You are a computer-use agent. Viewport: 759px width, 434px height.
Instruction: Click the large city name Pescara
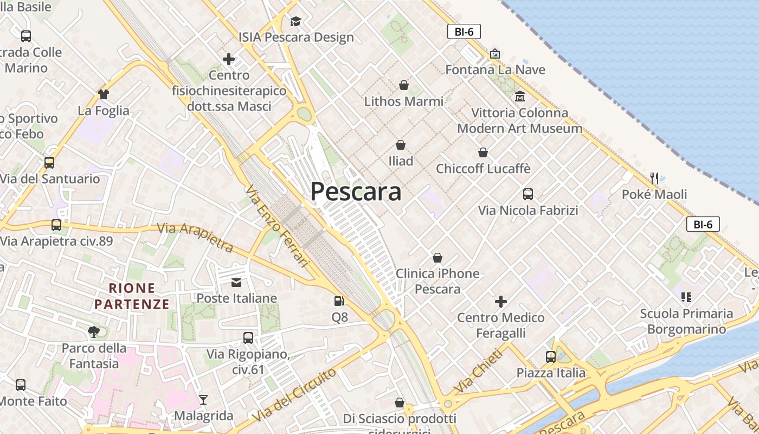pyautogui.click(x=356, y=192)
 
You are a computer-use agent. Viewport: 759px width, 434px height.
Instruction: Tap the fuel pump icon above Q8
pyautogui.click(x=339, y=301)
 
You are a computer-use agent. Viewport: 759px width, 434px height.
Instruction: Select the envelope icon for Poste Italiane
pyautogui.click(x=236, y=282)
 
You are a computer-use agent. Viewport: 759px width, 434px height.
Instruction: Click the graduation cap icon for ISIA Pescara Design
pyautogui.click(x=295, y=21)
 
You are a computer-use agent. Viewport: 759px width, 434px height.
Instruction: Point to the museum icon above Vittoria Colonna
pyautogui.click(x=520, y=97)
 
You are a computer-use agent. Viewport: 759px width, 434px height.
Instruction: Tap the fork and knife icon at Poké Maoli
pyautogui.click(x=654, y=178)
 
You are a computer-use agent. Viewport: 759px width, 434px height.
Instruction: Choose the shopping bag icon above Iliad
pyautogui.click(x=401, y=145)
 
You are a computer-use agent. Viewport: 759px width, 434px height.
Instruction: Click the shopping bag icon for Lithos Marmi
pyautogui.click(x=404, y=85)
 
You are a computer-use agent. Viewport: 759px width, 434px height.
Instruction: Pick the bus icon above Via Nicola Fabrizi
pyautogui.click(x=528, y=194)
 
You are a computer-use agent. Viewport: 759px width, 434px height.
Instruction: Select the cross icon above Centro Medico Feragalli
pyautogui.click(x=501, y=301)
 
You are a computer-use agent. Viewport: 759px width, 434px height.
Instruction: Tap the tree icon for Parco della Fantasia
pyautogui.click(x=94, y=331)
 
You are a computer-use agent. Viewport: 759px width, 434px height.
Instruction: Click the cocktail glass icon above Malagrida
pyautogui.click(x=203, y=400)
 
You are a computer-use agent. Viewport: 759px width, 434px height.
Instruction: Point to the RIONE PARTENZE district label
pyautogui.click(x=132, y=296)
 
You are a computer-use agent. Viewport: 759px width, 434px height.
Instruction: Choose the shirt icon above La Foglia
pyautogui.click(x=104, y=94)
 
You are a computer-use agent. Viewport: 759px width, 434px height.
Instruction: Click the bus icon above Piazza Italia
pyautogui.click(x=551, y=356)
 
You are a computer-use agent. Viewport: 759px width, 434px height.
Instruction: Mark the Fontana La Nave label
pyautogui.click(x=495, y=70)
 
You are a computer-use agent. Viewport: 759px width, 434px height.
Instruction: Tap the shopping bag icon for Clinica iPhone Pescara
pyautogui.click(x=438, y=258)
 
